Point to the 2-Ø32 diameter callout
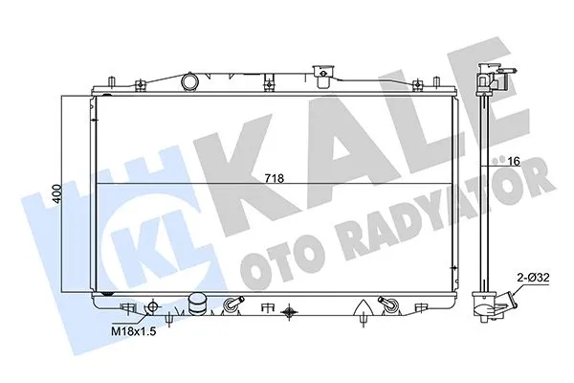tap(533, 277)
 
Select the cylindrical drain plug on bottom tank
tap(199, 304)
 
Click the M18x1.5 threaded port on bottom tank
tap(128, 308)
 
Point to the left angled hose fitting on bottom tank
tap(230, 306)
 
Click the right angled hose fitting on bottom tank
tap(386, 305)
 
